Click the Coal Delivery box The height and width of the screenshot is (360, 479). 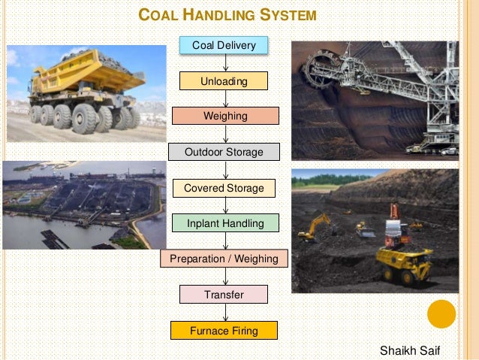click(x=224, y=45)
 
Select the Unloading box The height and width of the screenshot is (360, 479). click(x=224, y=80)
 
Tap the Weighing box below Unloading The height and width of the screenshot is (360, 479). click(x=225, y=116)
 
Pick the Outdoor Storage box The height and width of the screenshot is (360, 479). click(x=224, y=152)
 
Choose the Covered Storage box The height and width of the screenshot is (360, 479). click(x=224, y=188)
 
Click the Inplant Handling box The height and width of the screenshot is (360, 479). click(x=224, y=222)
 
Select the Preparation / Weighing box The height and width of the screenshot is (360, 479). click(x=224, y=259)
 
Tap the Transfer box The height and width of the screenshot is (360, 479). click(x=224, y=295)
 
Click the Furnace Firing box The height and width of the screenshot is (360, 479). click(x=224, y=330)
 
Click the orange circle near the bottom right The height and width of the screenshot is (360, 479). click(x=441, y=315)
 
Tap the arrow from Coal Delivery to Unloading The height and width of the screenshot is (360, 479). click(x=224, y=63)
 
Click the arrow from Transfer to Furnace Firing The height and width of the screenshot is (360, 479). click(x=224, y=313)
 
